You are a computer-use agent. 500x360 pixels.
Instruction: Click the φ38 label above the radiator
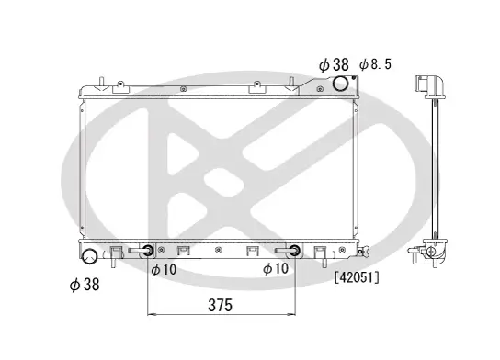coord(335,64)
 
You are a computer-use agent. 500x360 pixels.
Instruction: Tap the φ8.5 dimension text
coord(376,64)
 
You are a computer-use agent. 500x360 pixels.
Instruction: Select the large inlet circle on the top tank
coord(341,84)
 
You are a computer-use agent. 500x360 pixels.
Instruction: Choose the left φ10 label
coord(164,269)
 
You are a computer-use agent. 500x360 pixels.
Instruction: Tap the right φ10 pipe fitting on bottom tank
coord(291,252)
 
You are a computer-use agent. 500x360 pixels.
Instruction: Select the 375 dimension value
coord(219,304)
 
